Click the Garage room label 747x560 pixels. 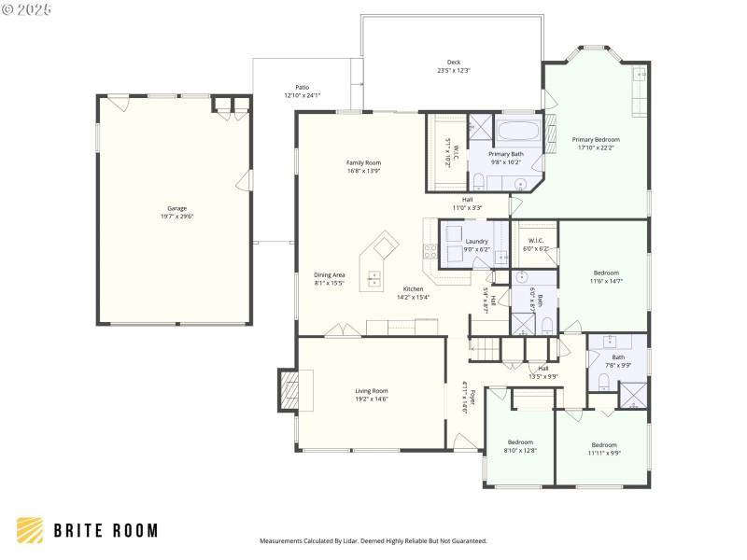[x=176, y=207]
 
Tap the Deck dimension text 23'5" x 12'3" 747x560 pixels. [x=453, y=71]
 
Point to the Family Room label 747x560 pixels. [x=363, y=162]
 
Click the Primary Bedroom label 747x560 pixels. [x=596, y=139]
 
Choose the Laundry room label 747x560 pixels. [x=476, y=241]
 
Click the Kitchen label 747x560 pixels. [x=413, y=288]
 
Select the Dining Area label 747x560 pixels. [x=329, y=274]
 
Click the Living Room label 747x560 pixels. [x=371, y=390]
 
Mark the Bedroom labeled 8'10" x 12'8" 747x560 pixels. [x=520, y=441]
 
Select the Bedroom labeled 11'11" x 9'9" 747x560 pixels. [x=604, y=444]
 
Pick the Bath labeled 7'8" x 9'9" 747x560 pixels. [x=618, y=357]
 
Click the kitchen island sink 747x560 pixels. [x=374, y=276]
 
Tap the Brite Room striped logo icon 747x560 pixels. [x=30, y=530]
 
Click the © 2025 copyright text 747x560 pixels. [x=27, y=8]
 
